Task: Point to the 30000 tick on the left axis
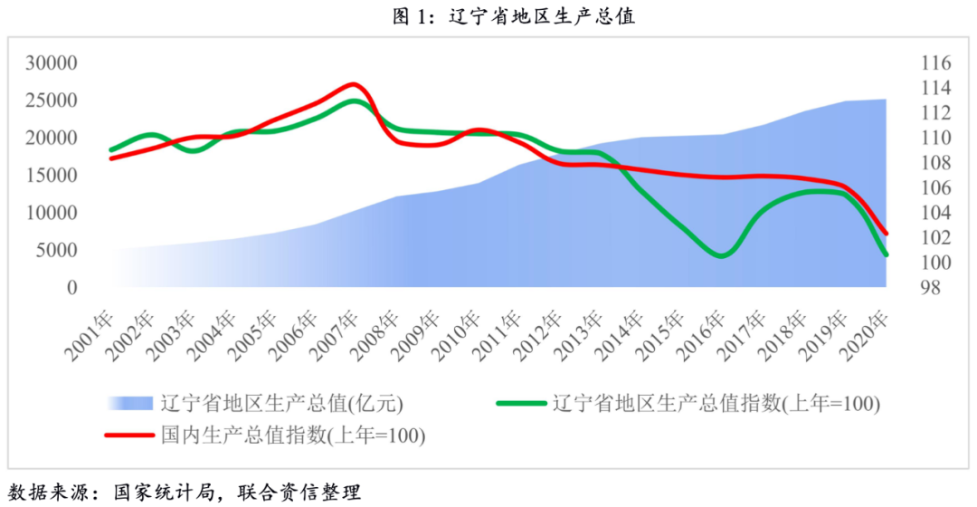point(52,63)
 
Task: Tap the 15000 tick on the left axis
point(52,176)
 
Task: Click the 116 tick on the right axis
point(935,63)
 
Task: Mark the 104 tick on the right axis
point(935,213)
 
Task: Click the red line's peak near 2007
point(354,84)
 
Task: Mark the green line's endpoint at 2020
point(885,254)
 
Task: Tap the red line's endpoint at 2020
point(885,233)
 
